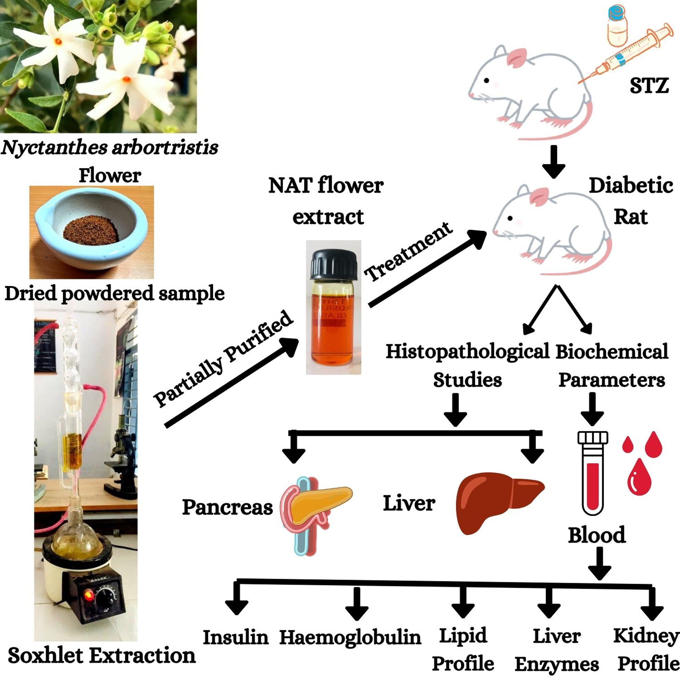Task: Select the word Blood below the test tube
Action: (597, 535)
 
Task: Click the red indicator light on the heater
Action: (88, 595)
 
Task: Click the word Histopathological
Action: (467, 351)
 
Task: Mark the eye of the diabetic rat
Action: (510, 219)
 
